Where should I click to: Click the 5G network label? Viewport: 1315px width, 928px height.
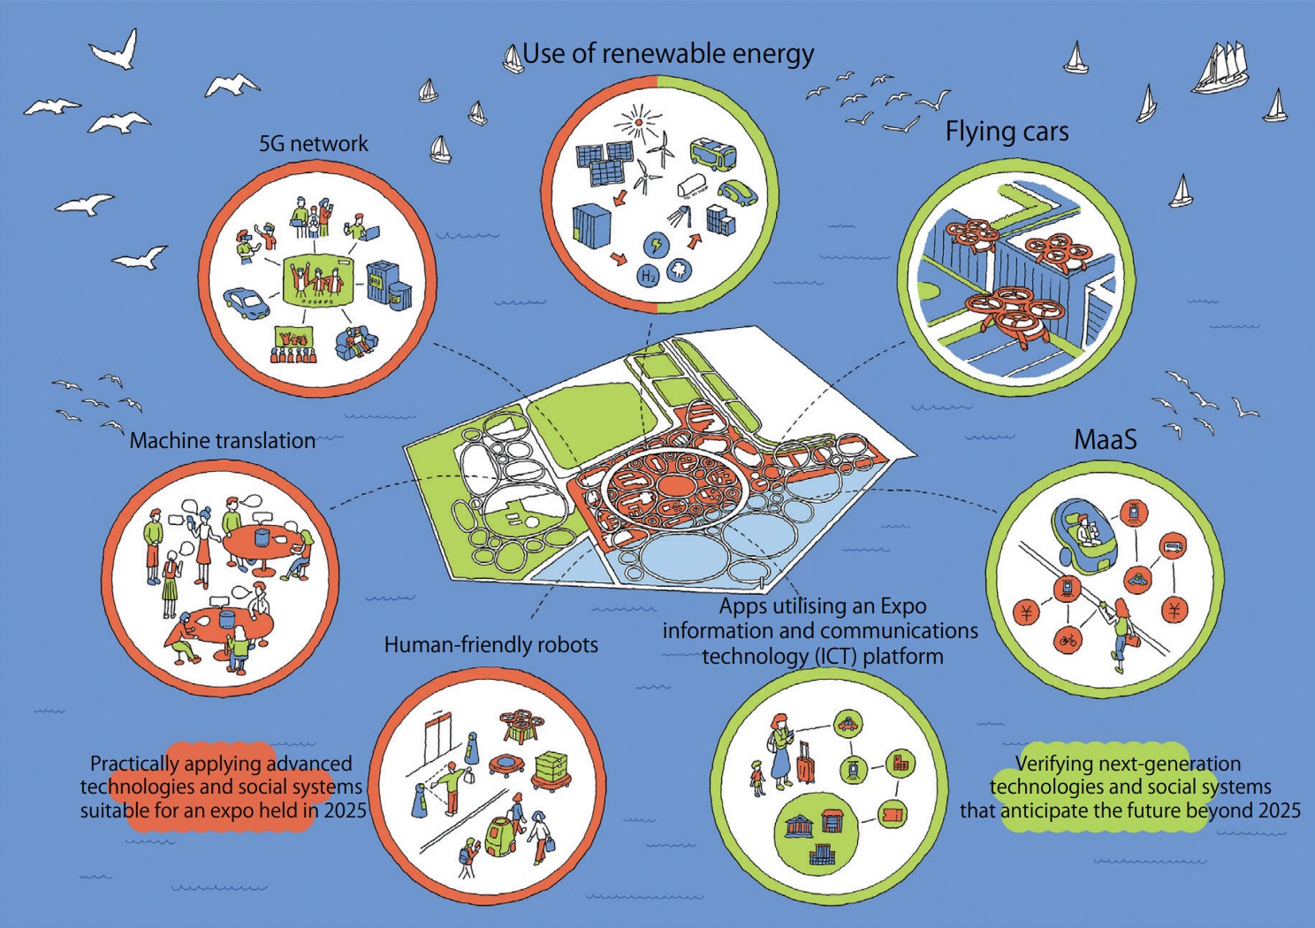313,144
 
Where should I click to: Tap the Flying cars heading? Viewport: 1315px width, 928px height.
1007,132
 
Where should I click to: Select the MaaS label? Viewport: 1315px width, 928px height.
1105,439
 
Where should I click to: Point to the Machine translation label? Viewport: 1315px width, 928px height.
222,440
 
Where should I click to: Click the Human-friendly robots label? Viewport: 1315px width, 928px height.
490,645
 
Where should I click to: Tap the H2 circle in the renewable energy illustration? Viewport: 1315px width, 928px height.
649,275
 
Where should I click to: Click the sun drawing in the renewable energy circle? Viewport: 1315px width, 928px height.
639,121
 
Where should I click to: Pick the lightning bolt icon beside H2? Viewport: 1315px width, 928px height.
656,244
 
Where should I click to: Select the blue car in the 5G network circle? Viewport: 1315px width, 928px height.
247,303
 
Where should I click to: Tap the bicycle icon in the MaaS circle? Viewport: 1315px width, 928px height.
1068,639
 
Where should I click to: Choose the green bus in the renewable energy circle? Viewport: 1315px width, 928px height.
712,154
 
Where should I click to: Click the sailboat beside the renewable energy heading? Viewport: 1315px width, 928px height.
512,59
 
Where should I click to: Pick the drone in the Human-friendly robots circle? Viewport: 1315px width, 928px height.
522,725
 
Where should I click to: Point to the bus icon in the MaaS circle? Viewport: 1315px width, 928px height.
1172,544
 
